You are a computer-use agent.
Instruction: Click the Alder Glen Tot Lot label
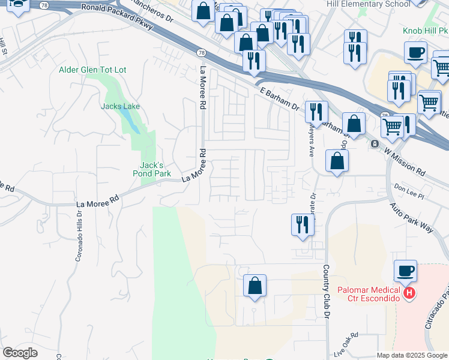click(92, 70)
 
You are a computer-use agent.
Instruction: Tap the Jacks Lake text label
click(120, 106)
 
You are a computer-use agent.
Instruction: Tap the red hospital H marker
click(409, 293)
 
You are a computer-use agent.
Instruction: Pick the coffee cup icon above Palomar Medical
click(406, 271)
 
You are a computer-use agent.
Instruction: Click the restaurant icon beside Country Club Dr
click(303, 224)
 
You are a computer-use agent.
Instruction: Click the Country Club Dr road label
click(327, 292)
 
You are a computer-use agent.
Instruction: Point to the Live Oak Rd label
click(346, 341)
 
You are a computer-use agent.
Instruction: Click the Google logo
click(20, 353)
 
